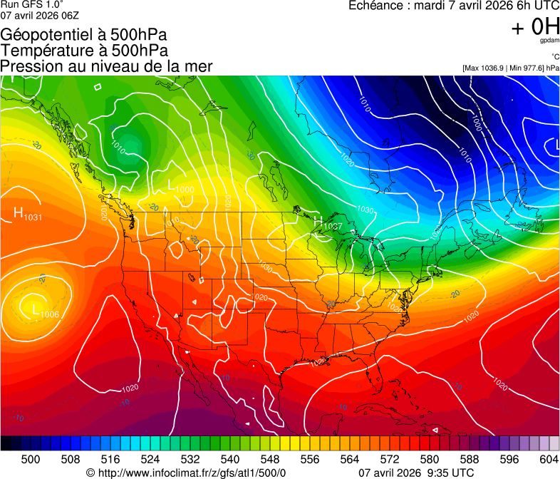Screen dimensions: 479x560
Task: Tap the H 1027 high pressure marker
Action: (327, 223)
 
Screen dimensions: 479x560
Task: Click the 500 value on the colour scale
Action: (31, 459)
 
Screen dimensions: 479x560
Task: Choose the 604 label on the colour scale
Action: (548, 459)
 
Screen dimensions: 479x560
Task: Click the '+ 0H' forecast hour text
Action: (535, 27)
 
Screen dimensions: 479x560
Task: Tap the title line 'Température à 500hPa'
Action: (84, 50)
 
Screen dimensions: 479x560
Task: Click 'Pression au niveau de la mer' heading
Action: (106, 66)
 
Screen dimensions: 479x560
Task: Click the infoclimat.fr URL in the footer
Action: (186, 473)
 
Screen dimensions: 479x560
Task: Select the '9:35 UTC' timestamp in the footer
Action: (452, 473)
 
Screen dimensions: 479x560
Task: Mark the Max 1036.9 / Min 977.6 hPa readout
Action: (511, 68)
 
